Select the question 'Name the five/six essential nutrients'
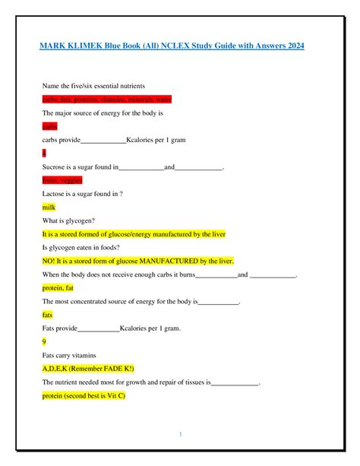pyautogui.click(x=93, y=85)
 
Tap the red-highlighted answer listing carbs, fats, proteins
pyautogui.click(x=107, y=99)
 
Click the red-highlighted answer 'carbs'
pyautogui.click(x=50, y=126)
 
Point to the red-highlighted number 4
pyautogui.click(x=45, y=153)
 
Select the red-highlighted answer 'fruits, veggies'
pyautogui.click(x=62, y=180)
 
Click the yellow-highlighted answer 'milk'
pyautogui.click(x=49, y=207)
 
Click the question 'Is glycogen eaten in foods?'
pyautogui.click(x=84, y=248)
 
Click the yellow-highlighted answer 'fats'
pyautogui.click(x=48, y=315)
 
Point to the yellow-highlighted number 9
pyautogui.click(x=45, y=342)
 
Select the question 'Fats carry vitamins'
pyautogui.click(x=69, y=355)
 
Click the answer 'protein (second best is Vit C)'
pyautogui.click(x=84, y=396)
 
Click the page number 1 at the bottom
pyautogui.click(x=180, y=434)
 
